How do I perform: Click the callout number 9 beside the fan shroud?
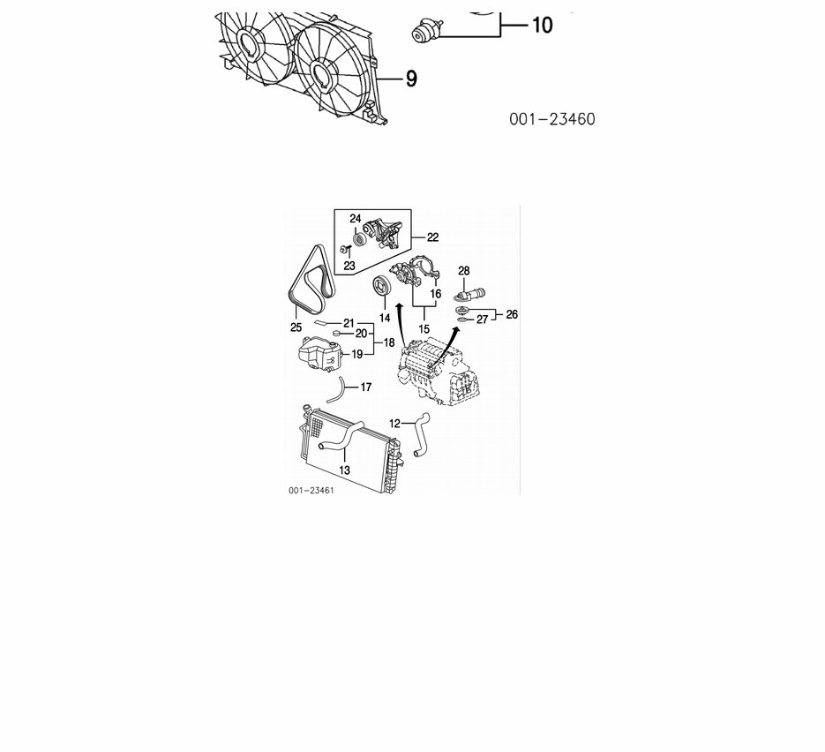click(x=411, y=79)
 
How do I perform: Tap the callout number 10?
click(x=543, y=26)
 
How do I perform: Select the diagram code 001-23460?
click(x=552, y=119)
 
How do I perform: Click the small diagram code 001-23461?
click(x=311, y=491)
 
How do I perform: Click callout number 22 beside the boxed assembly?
click(x=432, y=237)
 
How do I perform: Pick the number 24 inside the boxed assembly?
click(x=356, y=219)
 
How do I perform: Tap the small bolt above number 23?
click(x=345, y=248)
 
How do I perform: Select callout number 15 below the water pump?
click(x=424, y=329)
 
